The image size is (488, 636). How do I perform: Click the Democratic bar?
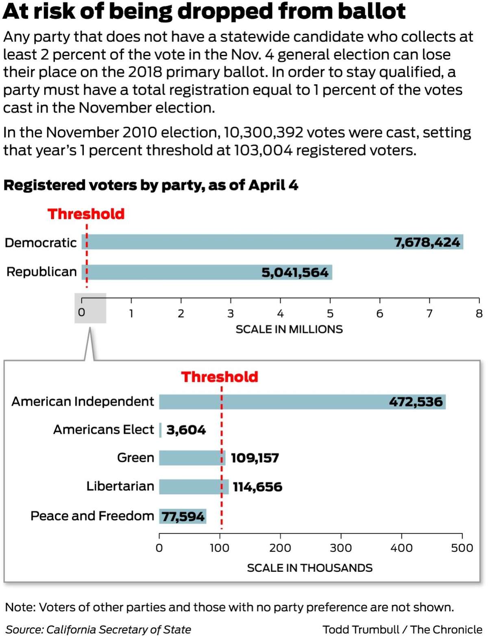272,242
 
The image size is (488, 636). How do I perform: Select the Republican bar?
207,272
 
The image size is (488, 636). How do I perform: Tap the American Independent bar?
302,401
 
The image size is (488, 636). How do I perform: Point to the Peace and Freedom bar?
183,516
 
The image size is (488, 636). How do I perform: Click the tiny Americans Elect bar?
160,430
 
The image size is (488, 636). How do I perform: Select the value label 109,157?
255,458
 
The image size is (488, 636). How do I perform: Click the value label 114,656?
257,487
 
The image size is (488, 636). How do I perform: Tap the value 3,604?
186,430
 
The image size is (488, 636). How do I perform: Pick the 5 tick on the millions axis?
330,301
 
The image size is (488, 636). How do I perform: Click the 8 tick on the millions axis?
479,301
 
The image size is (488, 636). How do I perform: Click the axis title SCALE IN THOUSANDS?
310,568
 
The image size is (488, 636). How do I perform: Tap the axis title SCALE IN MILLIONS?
289,329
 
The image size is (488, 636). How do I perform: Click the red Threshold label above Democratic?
86,214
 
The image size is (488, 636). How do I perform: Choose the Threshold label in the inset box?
220,377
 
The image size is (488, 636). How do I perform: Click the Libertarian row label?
120,486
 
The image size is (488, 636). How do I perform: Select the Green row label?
136,457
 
